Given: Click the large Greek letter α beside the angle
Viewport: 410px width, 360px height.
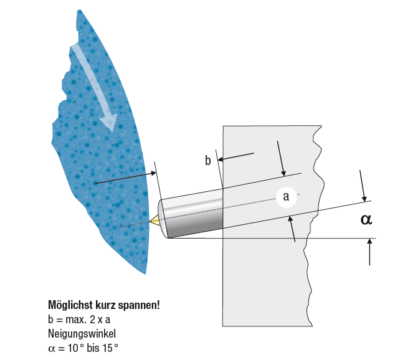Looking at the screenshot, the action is (366, 219).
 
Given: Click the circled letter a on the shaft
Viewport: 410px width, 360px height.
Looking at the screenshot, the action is (287, 197).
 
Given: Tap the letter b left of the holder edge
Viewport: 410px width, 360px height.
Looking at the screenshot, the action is (207, 160).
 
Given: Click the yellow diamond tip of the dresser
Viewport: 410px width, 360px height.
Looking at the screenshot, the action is (155, 220).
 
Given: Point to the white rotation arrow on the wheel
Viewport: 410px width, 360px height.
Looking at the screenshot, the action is (95, 88).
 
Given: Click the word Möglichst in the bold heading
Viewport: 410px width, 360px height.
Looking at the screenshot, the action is (70, 305).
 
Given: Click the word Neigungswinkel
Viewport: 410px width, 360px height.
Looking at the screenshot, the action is (82, 334).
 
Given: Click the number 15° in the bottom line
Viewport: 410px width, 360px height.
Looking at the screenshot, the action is (110, 348).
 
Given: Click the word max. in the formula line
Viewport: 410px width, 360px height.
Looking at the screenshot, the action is (76, 320).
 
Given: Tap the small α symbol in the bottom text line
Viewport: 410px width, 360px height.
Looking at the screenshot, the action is (52, 349).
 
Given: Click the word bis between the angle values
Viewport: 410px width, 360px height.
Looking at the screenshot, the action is (93, 348).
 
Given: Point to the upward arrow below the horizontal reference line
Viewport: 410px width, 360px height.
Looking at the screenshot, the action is (369, 252).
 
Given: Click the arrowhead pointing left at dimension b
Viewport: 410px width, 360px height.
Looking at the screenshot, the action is (220, 159).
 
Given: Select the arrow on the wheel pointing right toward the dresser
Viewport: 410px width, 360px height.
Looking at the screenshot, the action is (125, 178).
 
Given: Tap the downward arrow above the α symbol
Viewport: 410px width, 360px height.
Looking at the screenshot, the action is (363, 186).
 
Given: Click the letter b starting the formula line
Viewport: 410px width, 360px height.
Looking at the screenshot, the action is (50, 320).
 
